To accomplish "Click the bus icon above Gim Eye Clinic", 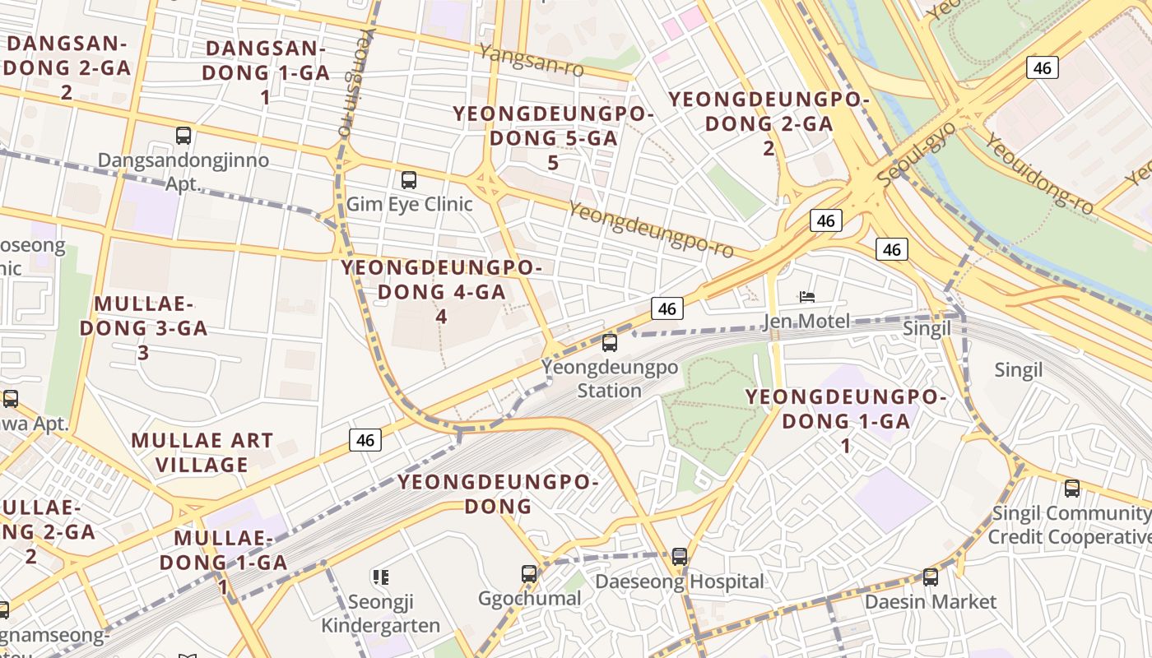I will click(408, 180).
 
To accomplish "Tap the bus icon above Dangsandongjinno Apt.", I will click(183, 136).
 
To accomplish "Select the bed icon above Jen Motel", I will click(806, 297).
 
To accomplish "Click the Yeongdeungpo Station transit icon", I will click(609, 343).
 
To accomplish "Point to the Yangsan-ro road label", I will click(532, 62).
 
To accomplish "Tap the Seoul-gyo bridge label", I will click(916, 154).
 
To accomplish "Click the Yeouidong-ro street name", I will click(1039, 174).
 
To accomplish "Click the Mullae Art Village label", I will click(202, 452).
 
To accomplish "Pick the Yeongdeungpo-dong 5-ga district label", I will click(553, 138).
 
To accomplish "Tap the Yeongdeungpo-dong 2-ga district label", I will click(769, 123).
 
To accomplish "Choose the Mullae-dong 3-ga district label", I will click(143, 327).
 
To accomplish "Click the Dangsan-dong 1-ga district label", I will click(266, 72).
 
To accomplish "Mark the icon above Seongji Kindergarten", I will click(379, 577).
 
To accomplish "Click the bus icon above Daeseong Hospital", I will click(679, 557).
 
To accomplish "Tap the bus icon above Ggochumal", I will click(529, 573).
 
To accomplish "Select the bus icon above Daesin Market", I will click(930, 577).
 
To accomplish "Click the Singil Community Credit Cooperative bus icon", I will click(1071, 489).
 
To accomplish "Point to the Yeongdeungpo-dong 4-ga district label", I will click(441, 291).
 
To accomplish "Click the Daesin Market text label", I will click(930, 602).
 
